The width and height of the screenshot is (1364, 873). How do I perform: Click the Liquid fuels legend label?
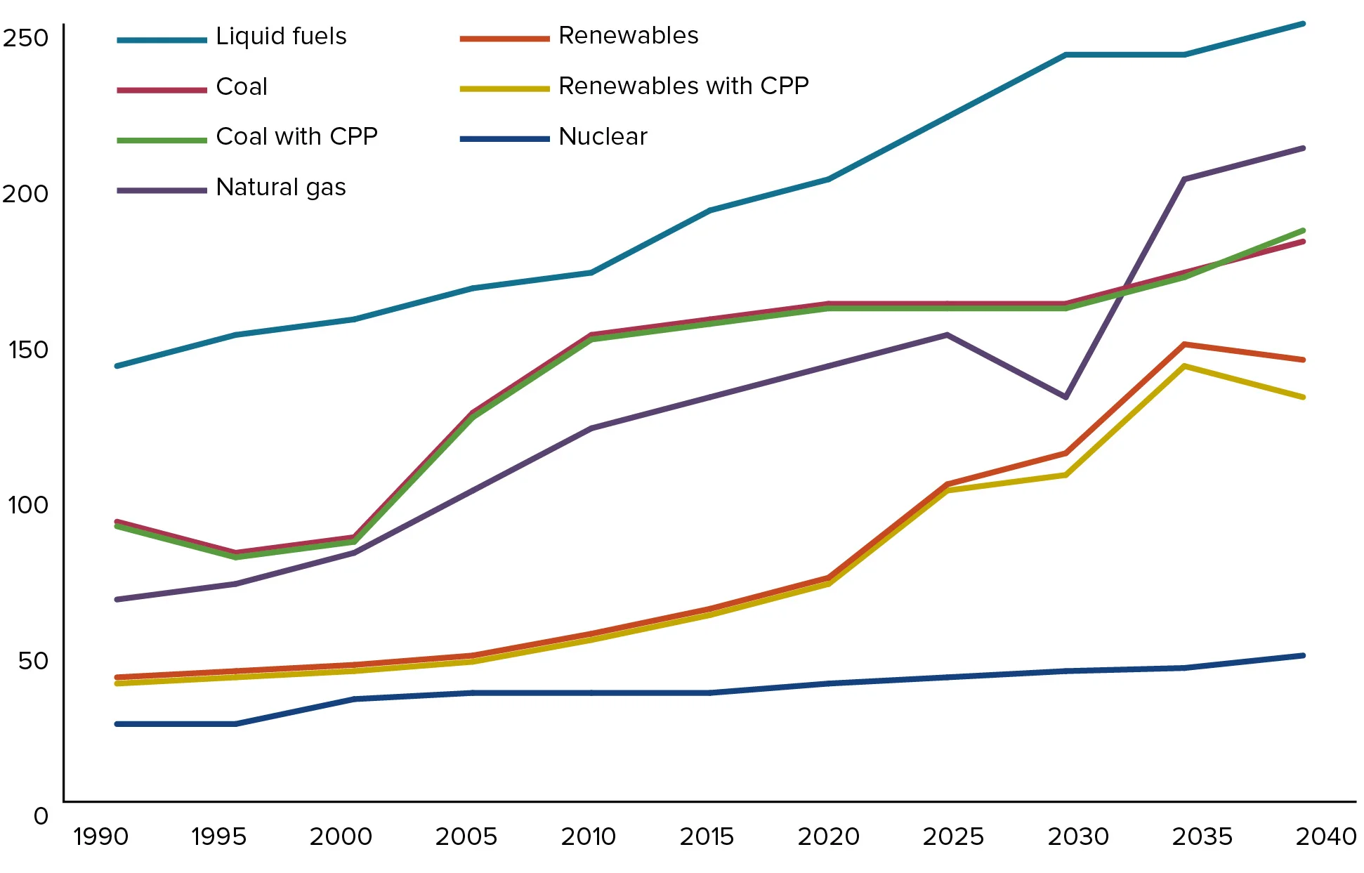pyautogui.click(x=281, y=37)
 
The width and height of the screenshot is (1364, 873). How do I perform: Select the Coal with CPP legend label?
pyautogui.click(x=296, y=136)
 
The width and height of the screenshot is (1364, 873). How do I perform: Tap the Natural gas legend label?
pyautogui.click(x=281, y=188)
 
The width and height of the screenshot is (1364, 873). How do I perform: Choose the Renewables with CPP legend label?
pyautogui.click(x=683, y=86)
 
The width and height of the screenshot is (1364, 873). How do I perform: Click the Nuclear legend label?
pyautogui.click(x=603, y=137)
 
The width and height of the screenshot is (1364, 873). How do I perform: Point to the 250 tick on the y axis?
pyautogui.click(x=26, y=38)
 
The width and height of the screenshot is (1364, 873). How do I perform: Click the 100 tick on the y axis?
pyautogui.click(x=27, y=505)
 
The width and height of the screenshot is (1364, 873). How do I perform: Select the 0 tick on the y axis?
pyautogui.click(x=41, y=816)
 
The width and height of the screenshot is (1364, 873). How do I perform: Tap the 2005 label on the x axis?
pyautogui.click(x=466, y=836)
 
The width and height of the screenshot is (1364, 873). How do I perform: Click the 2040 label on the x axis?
pyautogui.click(x=1325, y=836)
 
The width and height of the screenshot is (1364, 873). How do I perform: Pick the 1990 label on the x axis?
pyautogui.click(x=101, y=836)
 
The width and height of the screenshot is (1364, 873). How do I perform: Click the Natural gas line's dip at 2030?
pyautogui.click(x=1065, y=398)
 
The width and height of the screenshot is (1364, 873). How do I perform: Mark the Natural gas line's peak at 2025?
pyautogui.click(x=947, y=335)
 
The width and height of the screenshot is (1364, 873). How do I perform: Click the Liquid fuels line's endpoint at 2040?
pyautogui.click(x=1303, y=24)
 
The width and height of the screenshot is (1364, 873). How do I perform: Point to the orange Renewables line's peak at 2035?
pyautogui.click(x=1184, y=344)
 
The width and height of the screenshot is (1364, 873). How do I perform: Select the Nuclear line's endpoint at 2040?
pyautogui.click(x=1303, y=655)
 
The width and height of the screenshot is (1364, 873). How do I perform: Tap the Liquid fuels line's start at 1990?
pyautogui.click(x=117, y=366)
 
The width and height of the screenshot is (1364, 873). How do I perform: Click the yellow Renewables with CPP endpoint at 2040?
pyautogui.click(x=1303, y=398)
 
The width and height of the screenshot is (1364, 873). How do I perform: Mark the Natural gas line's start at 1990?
pyautogui.click(x=117, y=599)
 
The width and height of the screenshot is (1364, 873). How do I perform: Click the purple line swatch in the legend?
pyautogui.click(x=162, y=190)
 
